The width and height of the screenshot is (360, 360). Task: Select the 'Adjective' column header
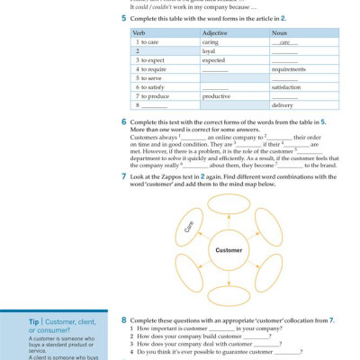(217, 31)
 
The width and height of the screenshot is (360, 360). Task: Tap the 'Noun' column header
(279, 31)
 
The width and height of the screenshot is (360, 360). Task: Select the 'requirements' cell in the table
(288, 68)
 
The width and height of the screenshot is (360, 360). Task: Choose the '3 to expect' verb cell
(148, 59)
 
